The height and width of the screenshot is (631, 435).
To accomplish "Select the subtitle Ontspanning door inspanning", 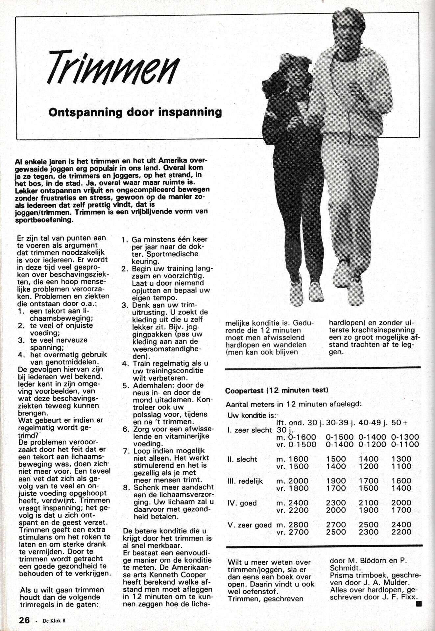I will point(135,112).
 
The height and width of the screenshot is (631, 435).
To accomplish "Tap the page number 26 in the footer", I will point(24,620).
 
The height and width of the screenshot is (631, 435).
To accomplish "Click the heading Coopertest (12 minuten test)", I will point(277,390).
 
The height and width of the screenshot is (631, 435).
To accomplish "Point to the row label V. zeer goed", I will point(250,525).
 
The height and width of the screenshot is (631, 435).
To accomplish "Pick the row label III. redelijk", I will point(245,481).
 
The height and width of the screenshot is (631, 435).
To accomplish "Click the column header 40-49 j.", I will point(372,423).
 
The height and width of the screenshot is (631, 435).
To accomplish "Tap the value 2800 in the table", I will point(299,525).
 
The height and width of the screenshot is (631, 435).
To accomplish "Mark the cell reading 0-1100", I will point(405,445).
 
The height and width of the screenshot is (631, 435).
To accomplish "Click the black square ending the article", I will point(418,603).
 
